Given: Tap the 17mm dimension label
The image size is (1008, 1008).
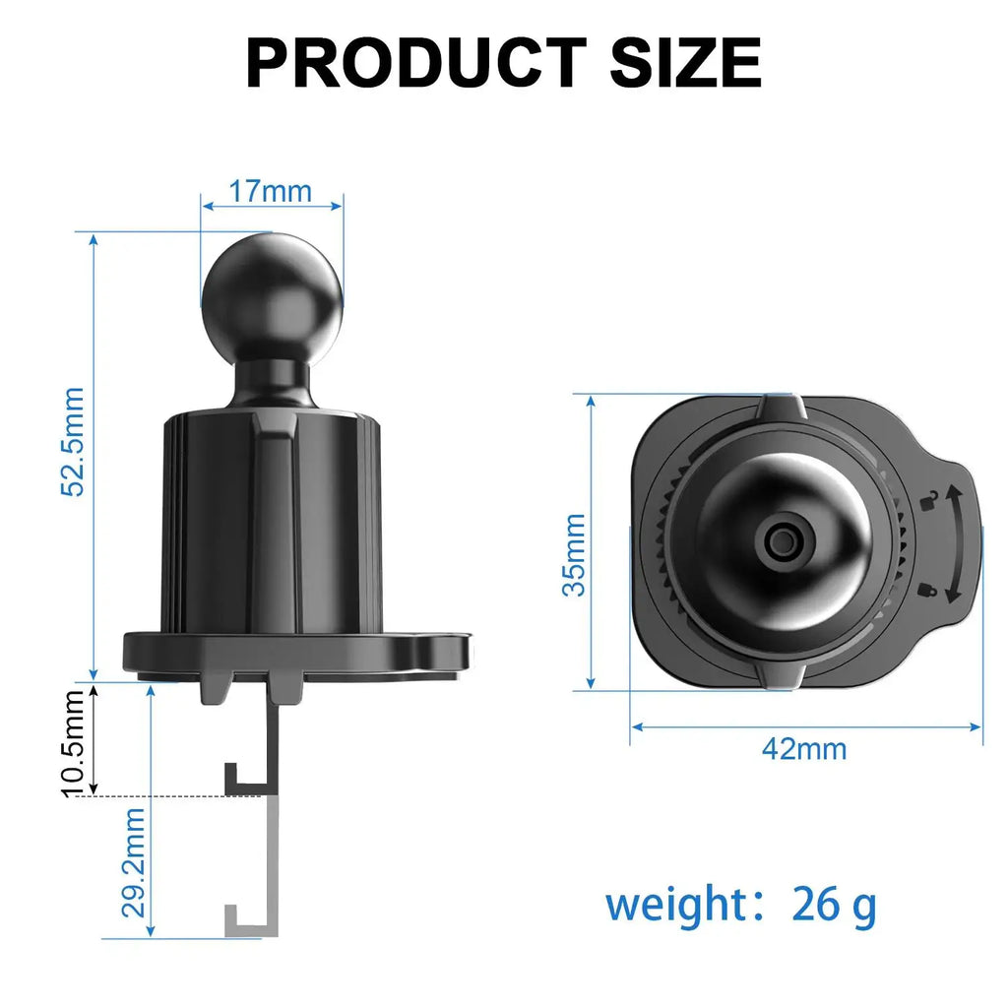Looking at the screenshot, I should tap(270, 191).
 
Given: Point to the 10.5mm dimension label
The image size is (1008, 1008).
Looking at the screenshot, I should tap(74, 740).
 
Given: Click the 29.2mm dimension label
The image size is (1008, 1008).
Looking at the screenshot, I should tap(134, 862).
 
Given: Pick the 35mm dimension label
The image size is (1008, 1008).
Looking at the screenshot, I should tap(573, 554).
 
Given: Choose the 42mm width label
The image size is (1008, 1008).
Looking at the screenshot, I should tap(803, 749).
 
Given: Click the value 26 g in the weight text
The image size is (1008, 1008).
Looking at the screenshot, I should tap(833, 905).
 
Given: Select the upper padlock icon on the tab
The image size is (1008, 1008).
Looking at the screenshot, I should tap(926, 501).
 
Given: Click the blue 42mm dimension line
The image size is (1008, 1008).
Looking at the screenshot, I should tap(709, 727).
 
